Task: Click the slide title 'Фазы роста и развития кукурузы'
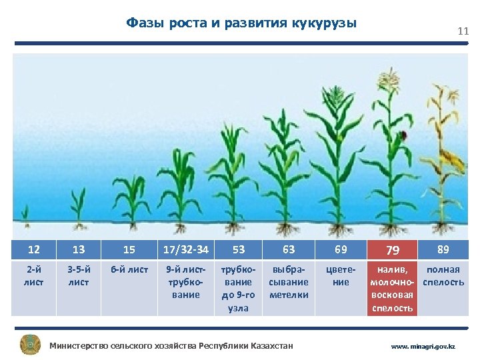[241, 23]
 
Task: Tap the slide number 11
[463, 31]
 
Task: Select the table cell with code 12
[33, 250]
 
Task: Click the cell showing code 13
[79, 250]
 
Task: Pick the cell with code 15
[129, 250]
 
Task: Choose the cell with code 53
[238, 250]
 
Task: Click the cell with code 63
[289, 250]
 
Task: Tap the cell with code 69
[341, 250]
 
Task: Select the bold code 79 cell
[393, 250]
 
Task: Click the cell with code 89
[443, 250]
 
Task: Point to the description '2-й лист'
[33, 276]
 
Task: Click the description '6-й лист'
[129, 270]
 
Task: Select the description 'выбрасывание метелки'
[289, 282]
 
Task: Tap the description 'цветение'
[341, 276]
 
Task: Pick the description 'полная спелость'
[443, 276]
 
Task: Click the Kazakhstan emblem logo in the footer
[30, 345]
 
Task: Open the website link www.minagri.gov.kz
[423, 347]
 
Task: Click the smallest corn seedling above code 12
[25, 214]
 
